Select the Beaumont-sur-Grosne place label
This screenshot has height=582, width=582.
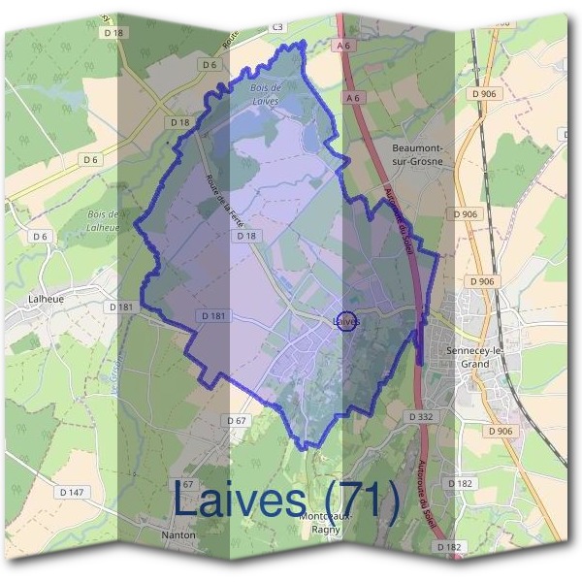click(423, 154)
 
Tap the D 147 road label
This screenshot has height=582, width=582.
click(72, 493)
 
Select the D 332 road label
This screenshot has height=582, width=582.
click(420, 416)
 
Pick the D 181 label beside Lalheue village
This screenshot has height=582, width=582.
click(121, 307)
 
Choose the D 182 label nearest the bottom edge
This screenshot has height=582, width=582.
click(448, 548)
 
